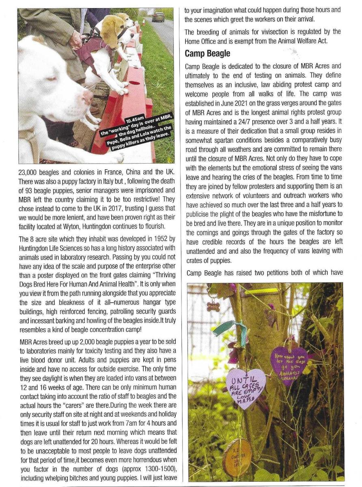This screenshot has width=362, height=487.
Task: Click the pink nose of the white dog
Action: (87, 97)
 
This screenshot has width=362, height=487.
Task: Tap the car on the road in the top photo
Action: (158, 17)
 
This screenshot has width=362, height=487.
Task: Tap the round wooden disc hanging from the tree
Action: (237, 457)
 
